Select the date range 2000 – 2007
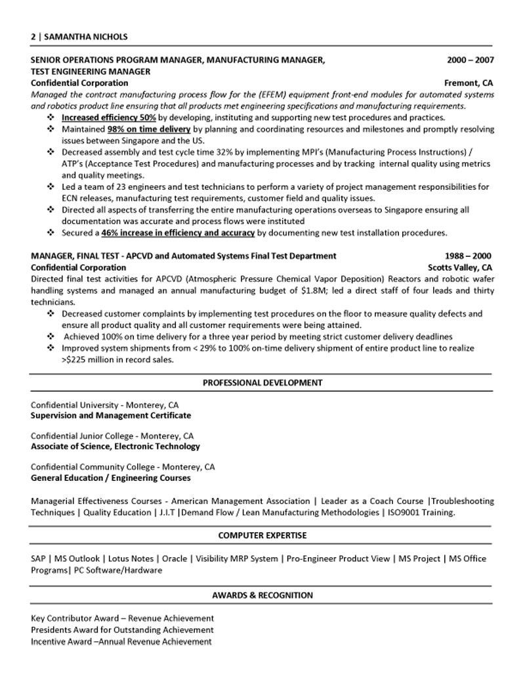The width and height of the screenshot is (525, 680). click(470, 60)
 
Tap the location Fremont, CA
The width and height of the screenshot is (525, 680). click(469, 83)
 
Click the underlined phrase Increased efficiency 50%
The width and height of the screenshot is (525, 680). click(108, 118)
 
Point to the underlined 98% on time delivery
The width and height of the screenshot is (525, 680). click(149, 129)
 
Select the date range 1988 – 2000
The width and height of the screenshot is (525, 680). click(467, 256)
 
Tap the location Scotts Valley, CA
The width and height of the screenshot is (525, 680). click(460, 267)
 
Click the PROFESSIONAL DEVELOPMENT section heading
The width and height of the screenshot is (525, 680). click(262, 382)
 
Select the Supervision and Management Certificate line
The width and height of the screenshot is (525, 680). click(111, 415)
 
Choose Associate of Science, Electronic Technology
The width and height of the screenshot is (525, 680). click(115, 446)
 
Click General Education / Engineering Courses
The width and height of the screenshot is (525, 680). click(111, 478)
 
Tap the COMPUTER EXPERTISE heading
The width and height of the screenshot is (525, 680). click(262, 535)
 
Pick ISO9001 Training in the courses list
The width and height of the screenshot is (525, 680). click(419, 512)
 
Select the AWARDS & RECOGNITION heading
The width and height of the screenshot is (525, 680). click(262, 595)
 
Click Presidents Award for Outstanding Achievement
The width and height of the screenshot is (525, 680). click(122, 629)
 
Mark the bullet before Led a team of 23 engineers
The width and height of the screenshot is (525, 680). click(50, 187)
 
